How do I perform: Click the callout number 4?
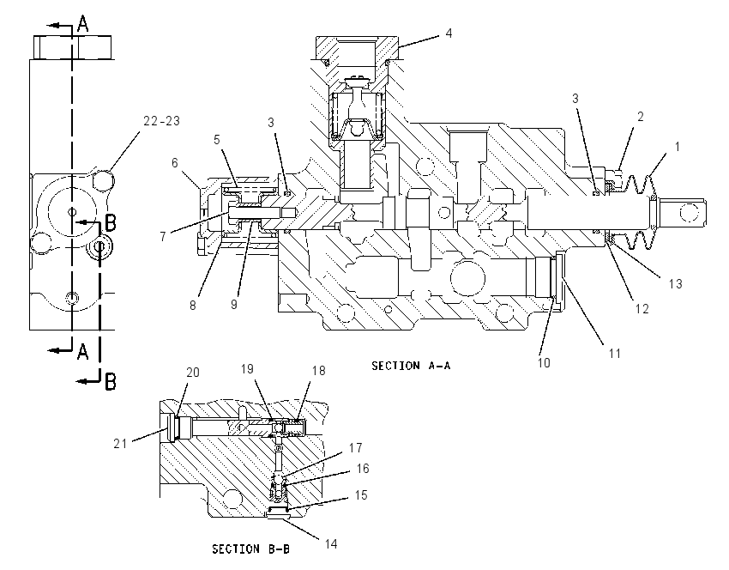coord(449,33)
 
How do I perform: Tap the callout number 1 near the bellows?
coord(678,147)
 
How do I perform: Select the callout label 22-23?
coord(161,121)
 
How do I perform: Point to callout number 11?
coord(615,354)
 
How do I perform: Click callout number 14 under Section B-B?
coord(330,543)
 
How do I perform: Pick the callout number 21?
coord(120,444)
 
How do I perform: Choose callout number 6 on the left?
coord(175,163)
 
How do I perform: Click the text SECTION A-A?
coord(411,366)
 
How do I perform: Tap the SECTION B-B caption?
coord(250,549)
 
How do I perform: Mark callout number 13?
coord(675,283)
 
